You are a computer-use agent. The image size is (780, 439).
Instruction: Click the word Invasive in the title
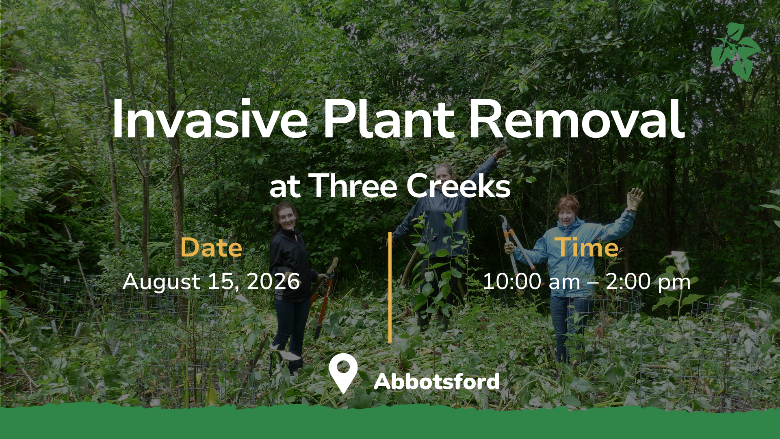click(209, 119)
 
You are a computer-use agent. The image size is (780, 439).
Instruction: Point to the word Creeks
click(458, 186)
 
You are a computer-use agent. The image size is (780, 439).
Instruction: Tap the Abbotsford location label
click(437, 381)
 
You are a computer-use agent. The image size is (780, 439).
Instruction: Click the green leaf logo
click(736, 51)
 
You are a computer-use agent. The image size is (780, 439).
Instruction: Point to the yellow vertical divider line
click(390, 287)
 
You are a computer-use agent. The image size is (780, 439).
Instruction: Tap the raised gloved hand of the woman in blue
click(634, 199)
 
